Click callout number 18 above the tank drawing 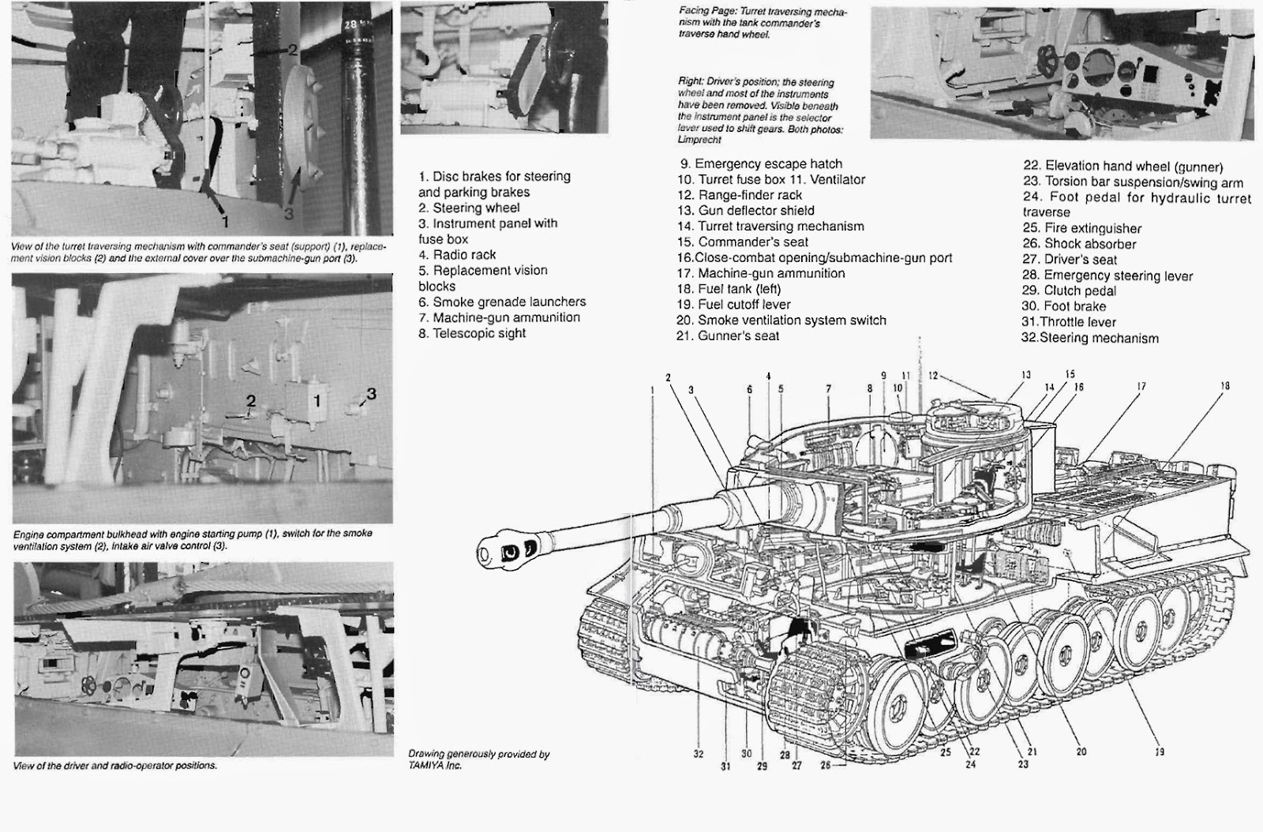pos(1224,386)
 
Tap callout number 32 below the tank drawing pos(699,754)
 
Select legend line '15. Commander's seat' pos(743,242)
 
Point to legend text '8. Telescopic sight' pos(472,333)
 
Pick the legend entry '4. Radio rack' pos(458,255)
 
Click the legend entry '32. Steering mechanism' pos(1090,338)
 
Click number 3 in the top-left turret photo pos(288,212)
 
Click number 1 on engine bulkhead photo pos(317,401)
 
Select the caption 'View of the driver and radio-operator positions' pos(115,766)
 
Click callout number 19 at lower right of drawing pos(1160,751)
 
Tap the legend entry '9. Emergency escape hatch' pos(761,163)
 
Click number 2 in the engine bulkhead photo pos(251,400)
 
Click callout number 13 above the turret pos(1025,375)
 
